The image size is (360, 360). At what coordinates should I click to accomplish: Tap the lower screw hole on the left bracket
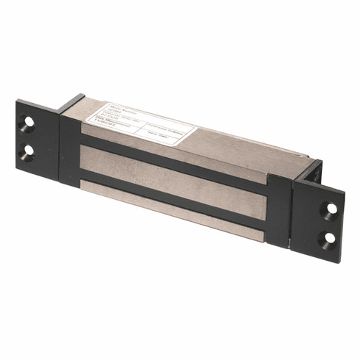pos(28,151)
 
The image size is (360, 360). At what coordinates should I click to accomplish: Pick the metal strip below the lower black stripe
pos(176,217)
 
